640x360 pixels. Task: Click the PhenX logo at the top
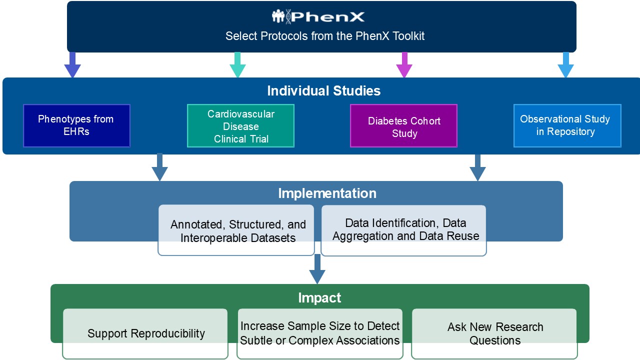318,16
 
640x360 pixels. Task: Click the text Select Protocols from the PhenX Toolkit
325,36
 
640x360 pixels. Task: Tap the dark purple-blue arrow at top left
72,65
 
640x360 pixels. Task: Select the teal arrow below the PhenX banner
237,65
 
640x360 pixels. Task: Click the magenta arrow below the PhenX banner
403,65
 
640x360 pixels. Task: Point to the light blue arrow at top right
565,65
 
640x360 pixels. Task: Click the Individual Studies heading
323,91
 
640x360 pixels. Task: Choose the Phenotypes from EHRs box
76,125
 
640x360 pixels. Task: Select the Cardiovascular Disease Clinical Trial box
240,126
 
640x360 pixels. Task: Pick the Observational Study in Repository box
567,125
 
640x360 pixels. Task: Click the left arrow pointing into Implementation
159,167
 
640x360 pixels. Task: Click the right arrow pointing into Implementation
477,167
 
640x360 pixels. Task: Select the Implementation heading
327,193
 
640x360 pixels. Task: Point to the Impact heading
319,298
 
